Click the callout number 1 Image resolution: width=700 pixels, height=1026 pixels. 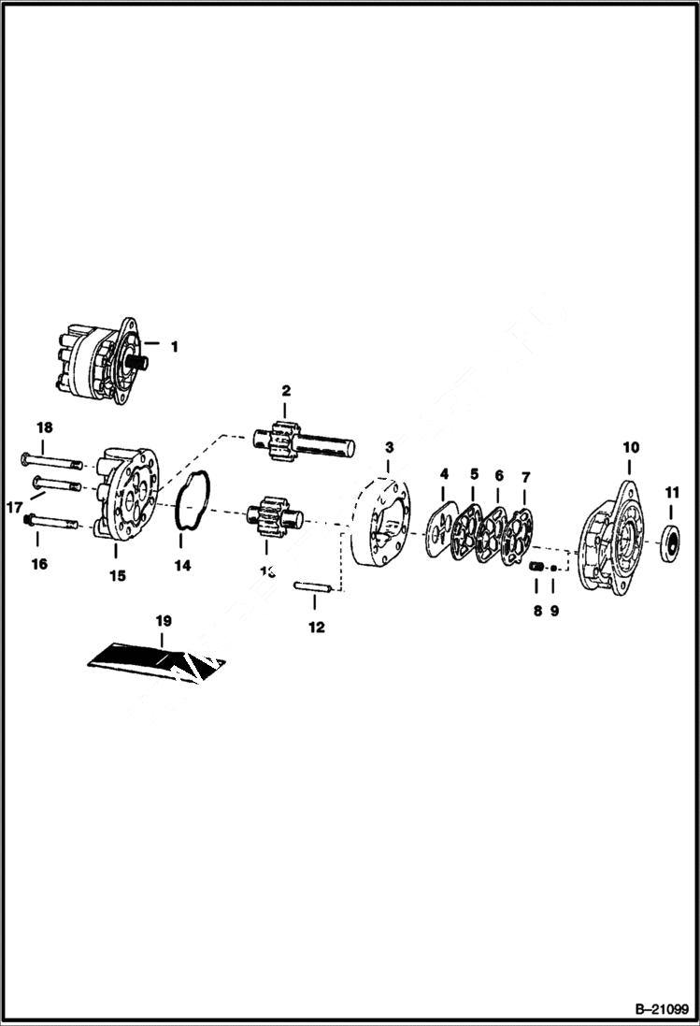click(x=174, y=346)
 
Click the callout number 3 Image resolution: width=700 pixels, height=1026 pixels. click(x=389, y=448)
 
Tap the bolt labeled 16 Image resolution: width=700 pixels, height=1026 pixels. click(x=59, y=524)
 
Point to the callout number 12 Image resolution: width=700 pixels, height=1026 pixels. click(x=317, y=627)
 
